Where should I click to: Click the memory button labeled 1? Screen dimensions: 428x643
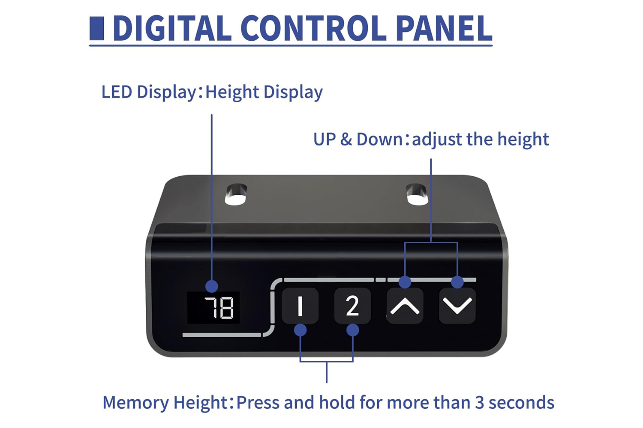[x=300, y=306]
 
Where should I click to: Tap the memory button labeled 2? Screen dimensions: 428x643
[x=352, y=306]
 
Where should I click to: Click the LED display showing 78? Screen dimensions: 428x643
[x=213, y=308]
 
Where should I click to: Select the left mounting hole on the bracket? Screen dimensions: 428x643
[x=236, y=195]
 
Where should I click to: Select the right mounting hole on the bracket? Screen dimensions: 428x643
[x=417, y=194]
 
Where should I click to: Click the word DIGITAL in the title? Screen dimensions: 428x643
[x=171, y=29]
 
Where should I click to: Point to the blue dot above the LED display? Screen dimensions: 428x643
[x=212, y=286]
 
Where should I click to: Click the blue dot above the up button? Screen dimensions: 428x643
[x=405, y=282]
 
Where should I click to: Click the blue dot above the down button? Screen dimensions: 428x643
[x=457, y=282]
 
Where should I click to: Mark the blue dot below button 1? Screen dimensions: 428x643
[x=300, y=330]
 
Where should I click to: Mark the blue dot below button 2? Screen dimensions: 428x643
[x=353, y=330]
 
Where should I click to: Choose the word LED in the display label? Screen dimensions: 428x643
[x=116, y=92]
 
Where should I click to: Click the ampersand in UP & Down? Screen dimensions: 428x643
[x=346, y=140]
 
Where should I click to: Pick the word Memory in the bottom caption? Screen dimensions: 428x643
[x=135, y=403]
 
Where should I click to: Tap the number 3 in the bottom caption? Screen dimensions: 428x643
[x=480, y=403]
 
